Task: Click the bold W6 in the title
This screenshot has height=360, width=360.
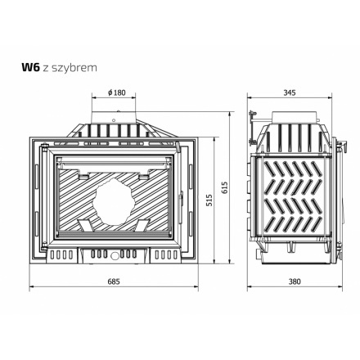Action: click(31, 67)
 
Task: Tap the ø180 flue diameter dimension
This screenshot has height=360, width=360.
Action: click(117, 92)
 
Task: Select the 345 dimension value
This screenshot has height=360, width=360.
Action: click(290, 92)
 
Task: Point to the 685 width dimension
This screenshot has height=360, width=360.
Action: click(114, 281)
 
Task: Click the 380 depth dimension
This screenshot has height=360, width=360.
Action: click(295, 281)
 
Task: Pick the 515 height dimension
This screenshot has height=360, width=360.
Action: click(209, 200)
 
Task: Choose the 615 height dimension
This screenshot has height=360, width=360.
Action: click(225, 187)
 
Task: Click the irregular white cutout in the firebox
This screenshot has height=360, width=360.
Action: click(114, 201)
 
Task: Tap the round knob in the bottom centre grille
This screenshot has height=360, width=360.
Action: click(115, 255)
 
